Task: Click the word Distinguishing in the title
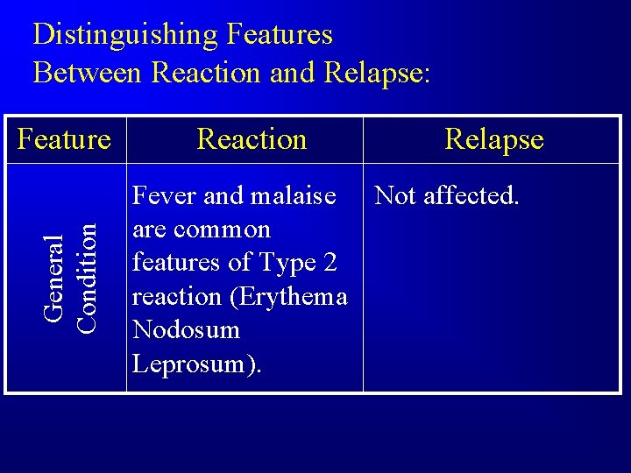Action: point(124,35)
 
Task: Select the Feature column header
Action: point(65,139)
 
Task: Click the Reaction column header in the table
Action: point(252,139)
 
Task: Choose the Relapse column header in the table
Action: point(494,139)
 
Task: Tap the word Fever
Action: point(163,196)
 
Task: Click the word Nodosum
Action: point(185,330)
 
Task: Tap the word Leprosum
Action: point(193,364)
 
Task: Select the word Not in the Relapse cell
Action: point(395,196)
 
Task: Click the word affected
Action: point(471,196)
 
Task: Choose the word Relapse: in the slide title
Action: point(378,72)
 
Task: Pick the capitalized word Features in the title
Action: point(280,35)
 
